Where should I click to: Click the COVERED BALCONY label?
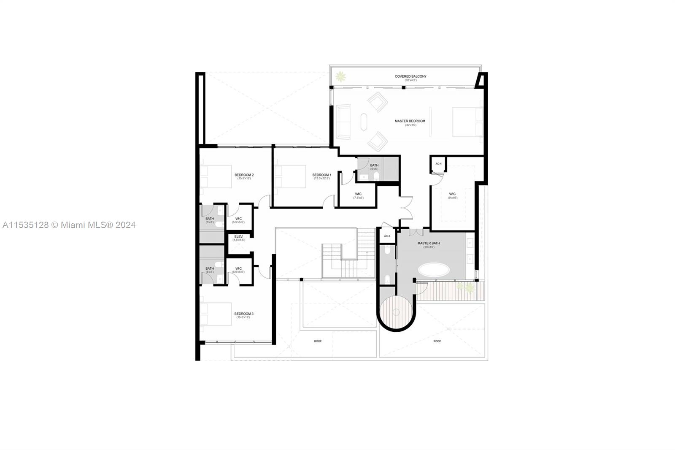click(410, 76)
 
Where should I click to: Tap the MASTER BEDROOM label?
click(410, 121)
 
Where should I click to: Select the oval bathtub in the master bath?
click(434, 270)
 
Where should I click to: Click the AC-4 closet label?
click(438, 164)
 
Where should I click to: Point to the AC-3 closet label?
click(387, 236)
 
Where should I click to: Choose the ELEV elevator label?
click(238, 236)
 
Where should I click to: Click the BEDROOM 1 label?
click(321, 175)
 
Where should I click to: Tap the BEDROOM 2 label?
click(244, 175)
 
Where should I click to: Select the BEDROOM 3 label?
click(243, 314)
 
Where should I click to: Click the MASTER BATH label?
click(429, 243)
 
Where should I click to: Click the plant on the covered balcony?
click(340, 77)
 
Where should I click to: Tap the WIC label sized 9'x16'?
click(452, 194)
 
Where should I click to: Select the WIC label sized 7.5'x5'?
click(358, 194)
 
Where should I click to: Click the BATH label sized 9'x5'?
click(374, 165)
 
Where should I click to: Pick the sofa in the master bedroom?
click(343, 122)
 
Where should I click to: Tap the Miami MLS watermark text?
click(69, 225)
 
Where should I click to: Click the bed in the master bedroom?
click(467, 122)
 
